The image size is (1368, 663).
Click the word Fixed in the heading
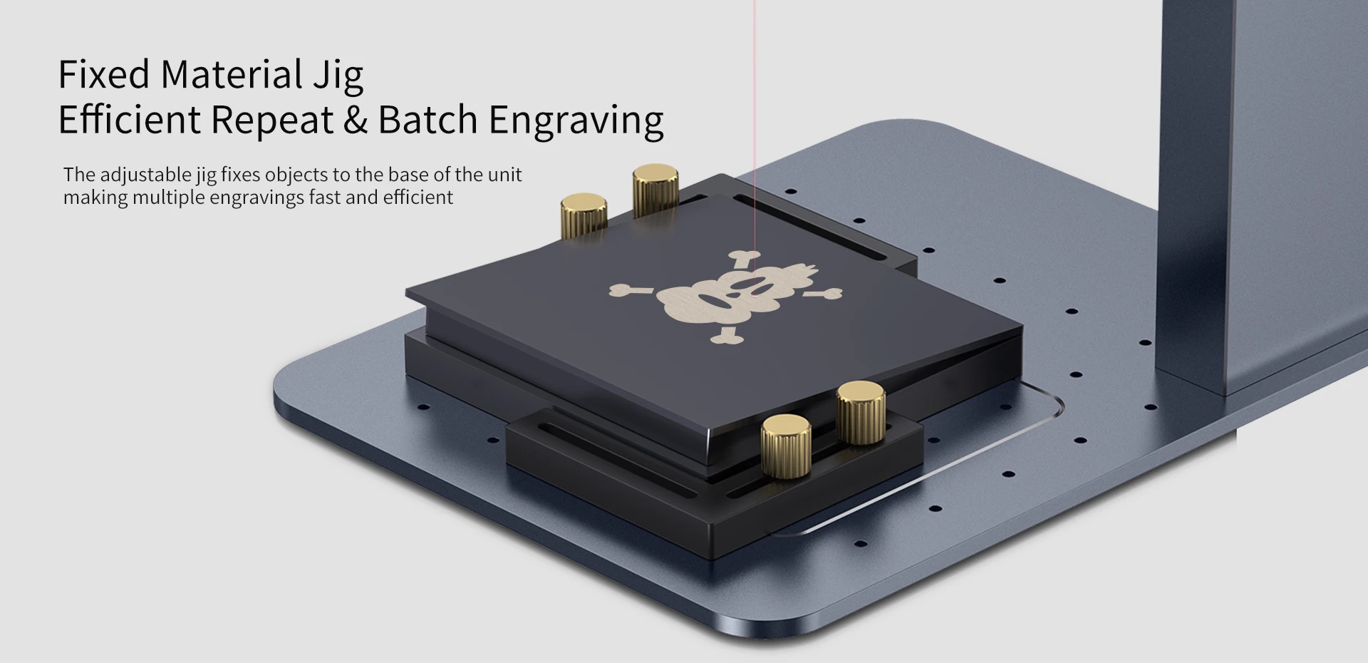click(x=104, y=74)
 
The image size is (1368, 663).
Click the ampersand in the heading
click(x=356, y=120)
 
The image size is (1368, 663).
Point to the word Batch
click(x=427, y=119)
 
